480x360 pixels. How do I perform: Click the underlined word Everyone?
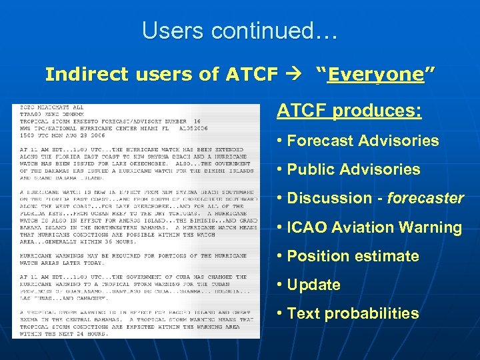(376, 75)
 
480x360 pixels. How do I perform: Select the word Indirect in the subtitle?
(85, 75)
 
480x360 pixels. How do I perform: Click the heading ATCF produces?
(349, 111)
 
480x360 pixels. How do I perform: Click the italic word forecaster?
(425, 198)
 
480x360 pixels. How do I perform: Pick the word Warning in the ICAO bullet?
(430, 227)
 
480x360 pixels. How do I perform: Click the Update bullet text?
(313, 285)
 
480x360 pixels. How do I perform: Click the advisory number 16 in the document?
(197, 121)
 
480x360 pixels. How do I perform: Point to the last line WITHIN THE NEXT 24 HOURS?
(63, 333)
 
